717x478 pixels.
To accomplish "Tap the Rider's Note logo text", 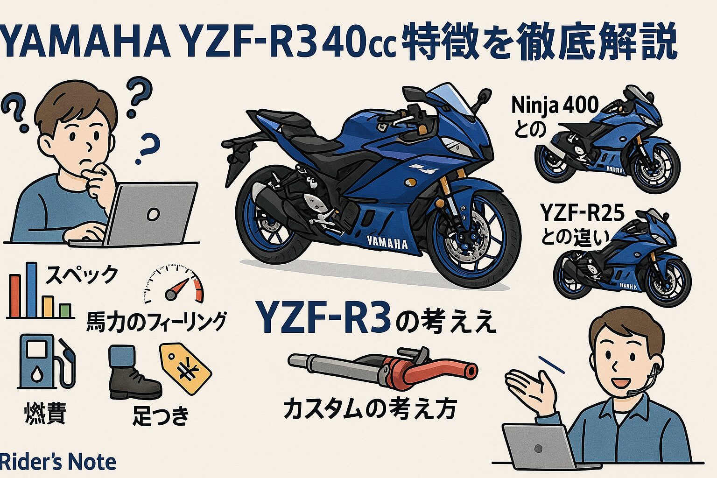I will tap(58, 462).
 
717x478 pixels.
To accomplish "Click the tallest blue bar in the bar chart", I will tap(31, 290).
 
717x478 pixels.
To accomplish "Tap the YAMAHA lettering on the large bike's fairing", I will tap(387, 242).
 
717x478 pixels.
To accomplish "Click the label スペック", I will tap(82, 274).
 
